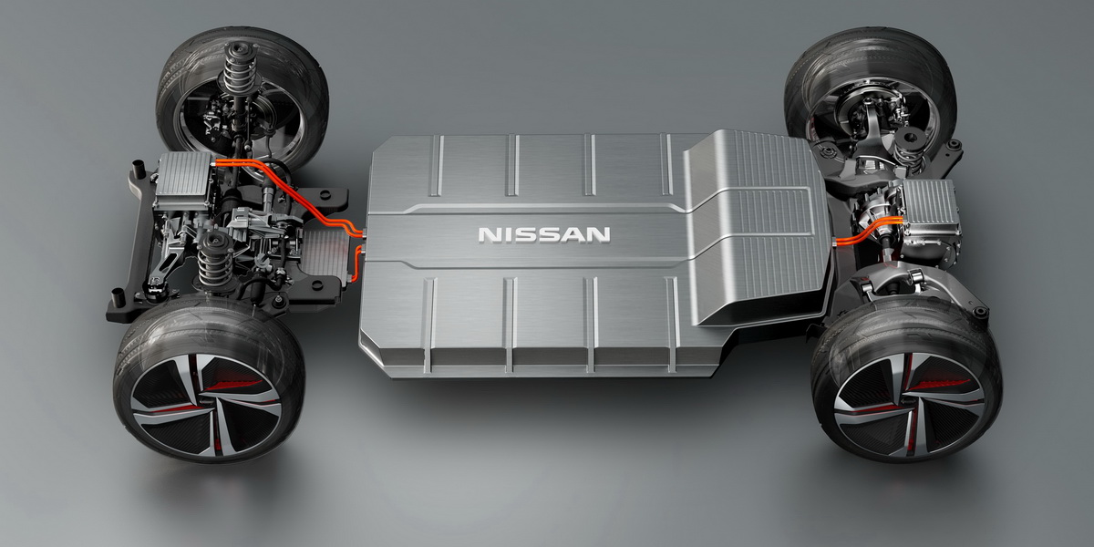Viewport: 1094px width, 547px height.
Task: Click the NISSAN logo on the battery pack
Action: (544, 235)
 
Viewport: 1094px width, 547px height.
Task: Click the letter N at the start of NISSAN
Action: (488, 235)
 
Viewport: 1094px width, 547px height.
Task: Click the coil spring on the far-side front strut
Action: (239, 74)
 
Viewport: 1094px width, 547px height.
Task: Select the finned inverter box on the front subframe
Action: (183, 180)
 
